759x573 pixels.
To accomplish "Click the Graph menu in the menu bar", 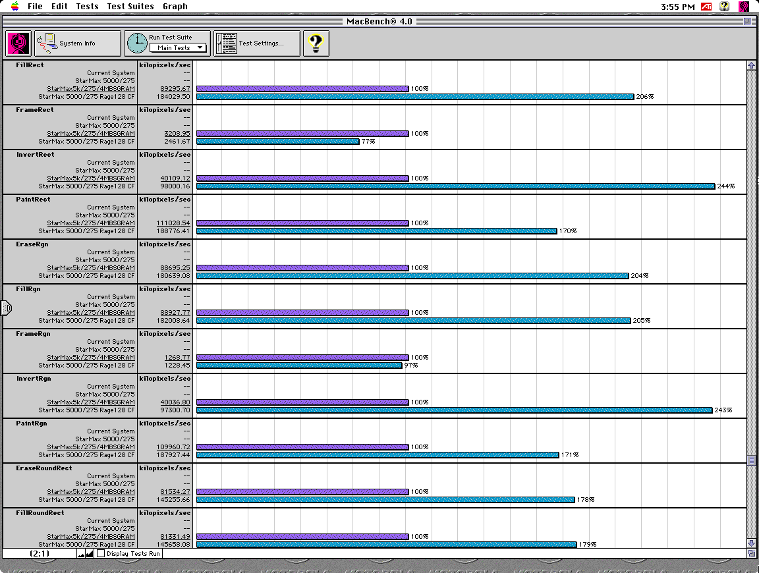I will click(x=175, y=7).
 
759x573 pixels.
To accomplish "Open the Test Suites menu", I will click(x=130, y=7).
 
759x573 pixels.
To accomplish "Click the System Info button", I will click(x=78, y=43).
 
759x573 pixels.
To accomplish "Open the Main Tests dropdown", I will click(x=178, y=48).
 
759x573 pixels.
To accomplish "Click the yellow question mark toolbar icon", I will click(x=316, y=43).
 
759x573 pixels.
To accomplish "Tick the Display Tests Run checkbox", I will click(x=101, y=554).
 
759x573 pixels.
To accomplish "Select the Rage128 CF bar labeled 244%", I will click(x=455, y=186).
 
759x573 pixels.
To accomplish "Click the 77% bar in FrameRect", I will click(x=277, y=142).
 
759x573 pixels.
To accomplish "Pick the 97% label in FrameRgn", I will click(x=410, y=366).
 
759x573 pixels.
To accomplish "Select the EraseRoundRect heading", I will click(x=44, y=468).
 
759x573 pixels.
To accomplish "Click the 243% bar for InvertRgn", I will click(x=454, y=410).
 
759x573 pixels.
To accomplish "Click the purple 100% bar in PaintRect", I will click(x=302, y=223).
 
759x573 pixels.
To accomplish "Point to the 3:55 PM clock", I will click(x=677, y=7).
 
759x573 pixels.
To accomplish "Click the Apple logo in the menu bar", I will click(x=14, y=6).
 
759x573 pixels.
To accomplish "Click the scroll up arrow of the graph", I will click(x=751, y=66).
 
